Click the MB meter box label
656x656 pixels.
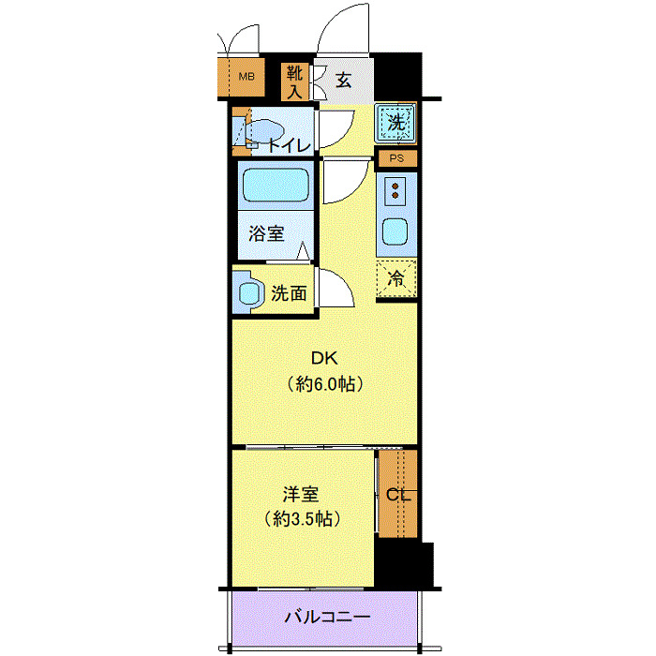point(246,77)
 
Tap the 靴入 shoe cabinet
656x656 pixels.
point(294,82)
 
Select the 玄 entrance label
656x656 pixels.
point(344,80)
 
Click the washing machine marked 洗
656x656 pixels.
point(395,123)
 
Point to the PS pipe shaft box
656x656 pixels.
point(397,158)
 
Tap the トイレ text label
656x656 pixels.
point(290,145)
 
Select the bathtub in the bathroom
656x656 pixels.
point(276,185)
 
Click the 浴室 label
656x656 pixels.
point(266,233)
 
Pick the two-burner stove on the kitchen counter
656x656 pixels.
point(395,191)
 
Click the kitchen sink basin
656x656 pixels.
point(395,231)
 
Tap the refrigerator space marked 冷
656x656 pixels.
point(396,278)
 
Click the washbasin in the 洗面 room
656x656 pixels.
point(249,292)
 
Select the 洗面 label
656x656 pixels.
point(289,293)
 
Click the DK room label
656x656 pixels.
point(324,358)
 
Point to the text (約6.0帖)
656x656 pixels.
point(324,383)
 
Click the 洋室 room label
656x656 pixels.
point(301,494)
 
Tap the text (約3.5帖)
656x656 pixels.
point(302,519)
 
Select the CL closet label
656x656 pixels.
point(398,495)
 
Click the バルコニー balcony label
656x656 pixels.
point(328,617)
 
